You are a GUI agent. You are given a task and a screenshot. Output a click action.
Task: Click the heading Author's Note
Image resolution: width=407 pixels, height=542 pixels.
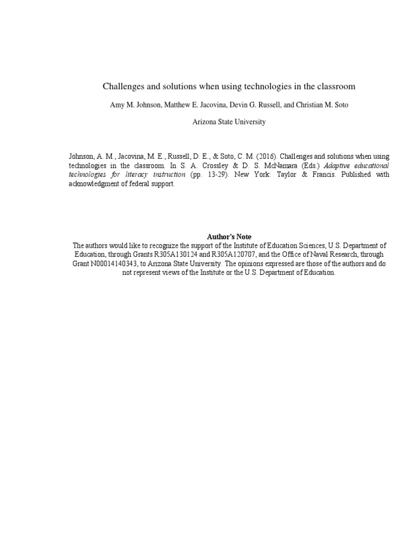coord(229,237)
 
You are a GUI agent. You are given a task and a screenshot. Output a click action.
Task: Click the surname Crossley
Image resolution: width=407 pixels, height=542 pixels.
coord(218,166)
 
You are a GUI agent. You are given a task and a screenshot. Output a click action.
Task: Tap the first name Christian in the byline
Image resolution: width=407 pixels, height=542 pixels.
coord(310,105)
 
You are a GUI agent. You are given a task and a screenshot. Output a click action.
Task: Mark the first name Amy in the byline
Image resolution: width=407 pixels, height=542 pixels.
coord(116,105)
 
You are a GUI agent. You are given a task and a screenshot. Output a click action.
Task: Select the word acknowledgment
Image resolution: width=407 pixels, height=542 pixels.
coord(93,183)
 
